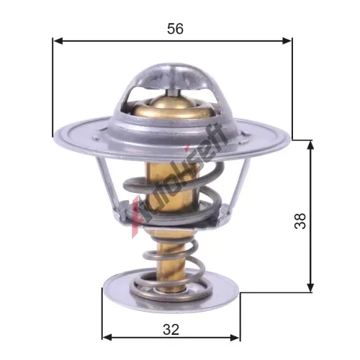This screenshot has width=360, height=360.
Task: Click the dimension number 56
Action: click(x=175, y=29)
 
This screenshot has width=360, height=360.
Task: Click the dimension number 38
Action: click(x=300, y=220)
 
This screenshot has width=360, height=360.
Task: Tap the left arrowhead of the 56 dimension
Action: click(x=58, y=41)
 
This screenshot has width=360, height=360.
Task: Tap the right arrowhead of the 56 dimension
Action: click(x=287, y=41)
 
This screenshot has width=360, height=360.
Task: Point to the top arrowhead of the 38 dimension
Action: click(x=310, y=145)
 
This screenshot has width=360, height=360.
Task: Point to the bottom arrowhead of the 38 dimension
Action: click(x=310, y=287)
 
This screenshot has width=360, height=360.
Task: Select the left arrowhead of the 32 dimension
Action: click(x=107, y=338)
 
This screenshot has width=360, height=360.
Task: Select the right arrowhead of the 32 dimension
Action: click(x=235, y=338)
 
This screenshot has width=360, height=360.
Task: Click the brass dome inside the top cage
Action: click(x=172, y=107)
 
